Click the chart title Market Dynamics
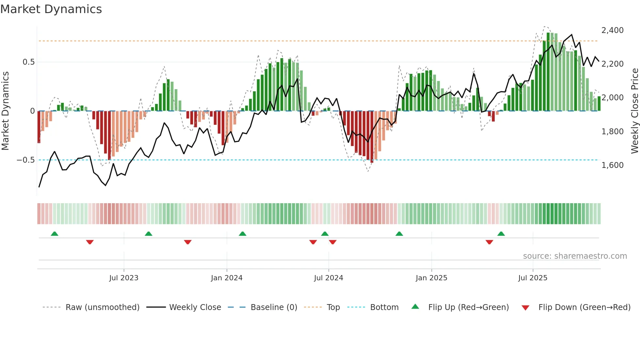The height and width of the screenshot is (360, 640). [x=51, y=9]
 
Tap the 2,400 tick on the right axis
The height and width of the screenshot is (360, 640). [x=612, y=30]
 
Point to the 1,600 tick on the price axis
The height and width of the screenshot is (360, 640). [x=612, y=165]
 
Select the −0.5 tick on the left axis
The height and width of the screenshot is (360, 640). [x=25, y=160]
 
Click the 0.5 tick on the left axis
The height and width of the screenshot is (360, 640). [x=28, y=62]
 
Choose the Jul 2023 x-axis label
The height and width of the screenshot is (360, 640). [x=124, y=278]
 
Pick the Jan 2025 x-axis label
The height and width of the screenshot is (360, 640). [x=431, y=278]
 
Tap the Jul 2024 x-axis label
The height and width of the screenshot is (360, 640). [x=328, y=278]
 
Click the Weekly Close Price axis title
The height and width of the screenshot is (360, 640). [x=634, y=111]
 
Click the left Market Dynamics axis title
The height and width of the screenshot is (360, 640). [x=5, y=111]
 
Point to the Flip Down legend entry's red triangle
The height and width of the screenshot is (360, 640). [x=525, y=308]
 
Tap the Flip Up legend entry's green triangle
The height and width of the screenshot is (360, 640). [x=415, y=306]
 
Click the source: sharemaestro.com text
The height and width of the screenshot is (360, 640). [x=575, y=256]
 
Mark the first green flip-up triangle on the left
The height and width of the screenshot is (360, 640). [x=55, y=234]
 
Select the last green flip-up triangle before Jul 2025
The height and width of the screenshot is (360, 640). [x=501, y=234]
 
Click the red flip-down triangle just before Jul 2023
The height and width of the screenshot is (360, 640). [x=90, y=242]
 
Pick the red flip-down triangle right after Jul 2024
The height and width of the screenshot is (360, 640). [x=333, y=242]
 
